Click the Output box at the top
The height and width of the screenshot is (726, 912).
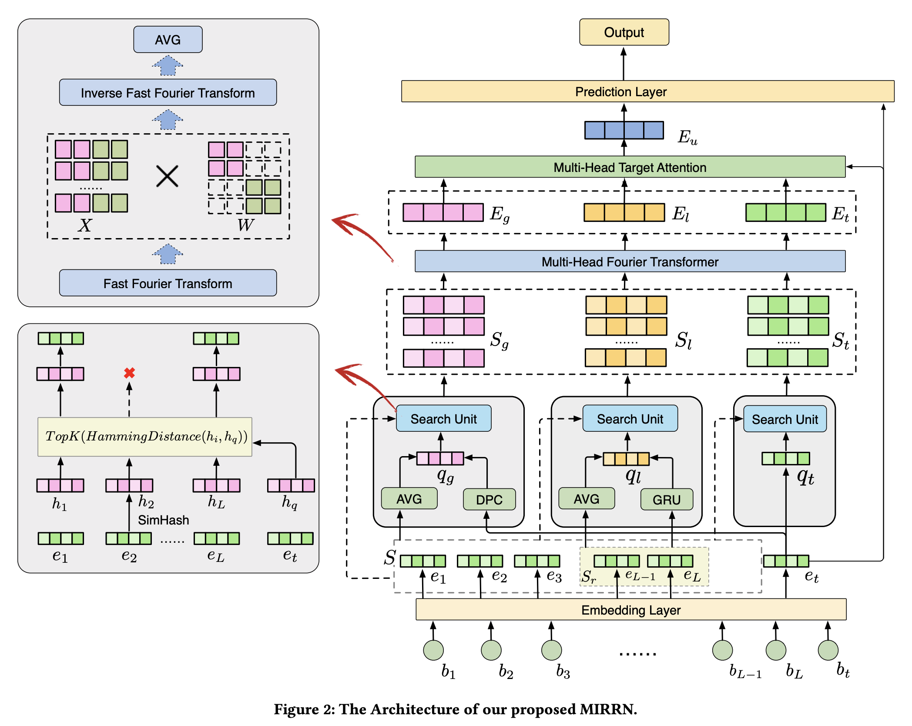[x=624, y=32]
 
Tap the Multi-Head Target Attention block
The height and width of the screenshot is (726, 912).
[x=630, y=167]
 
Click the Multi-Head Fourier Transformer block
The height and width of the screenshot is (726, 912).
[x=630, y=262]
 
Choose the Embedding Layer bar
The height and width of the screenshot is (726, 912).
[x=630, y=610]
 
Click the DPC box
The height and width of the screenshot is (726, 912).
[x=489, y=500]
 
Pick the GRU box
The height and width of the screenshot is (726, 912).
[x=666, y=500]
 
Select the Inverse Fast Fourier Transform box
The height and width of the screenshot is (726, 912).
[x=168, y=93]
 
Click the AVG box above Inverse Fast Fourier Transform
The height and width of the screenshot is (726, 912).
[x=168, y=40]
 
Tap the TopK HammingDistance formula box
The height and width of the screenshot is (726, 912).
[x=145, y=437]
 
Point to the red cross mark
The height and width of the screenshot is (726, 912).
[x=129, y=373]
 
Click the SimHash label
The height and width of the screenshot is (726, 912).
[x=163, y=520]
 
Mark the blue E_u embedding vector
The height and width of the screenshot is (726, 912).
[x=624, y=130]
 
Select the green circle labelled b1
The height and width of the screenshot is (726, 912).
[x=433, y=650]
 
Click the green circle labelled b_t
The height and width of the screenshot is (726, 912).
[x=828, y=650]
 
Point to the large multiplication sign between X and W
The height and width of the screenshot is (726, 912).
[x=167, y=176]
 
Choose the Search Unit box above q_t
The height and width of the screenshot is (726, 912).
[x=785, y=419]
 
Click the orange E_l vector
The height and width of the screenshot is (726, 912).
[x=624, y=213]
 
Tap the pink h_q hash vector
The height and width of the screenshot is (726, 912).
[x=291, y=485]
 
